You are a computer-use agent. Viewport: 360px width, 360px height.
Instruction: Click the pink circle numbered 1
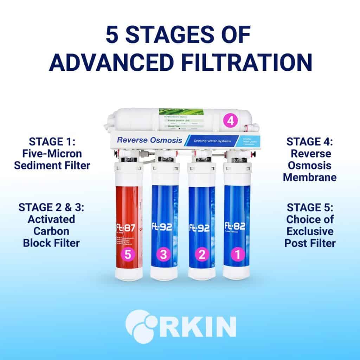coord(237,255)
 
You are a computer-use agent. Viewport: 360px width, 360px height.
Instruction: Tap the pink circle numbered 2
coord(201,255)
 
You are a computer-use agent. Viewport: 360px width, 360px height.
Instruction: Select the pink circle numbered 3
coord(163,255)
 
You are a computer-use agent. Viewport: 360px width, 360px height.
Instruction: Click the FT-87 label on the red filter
coord(126,227)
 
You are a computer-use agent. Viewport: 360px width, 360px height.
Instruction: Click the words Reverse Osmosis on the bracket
coord(149,140)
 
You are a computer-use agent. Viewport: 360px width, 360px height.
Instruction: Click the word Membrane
coord(309,177)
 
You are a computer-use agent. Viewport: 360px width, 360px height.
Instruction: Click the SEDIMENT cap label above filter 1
coord(239,160)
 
